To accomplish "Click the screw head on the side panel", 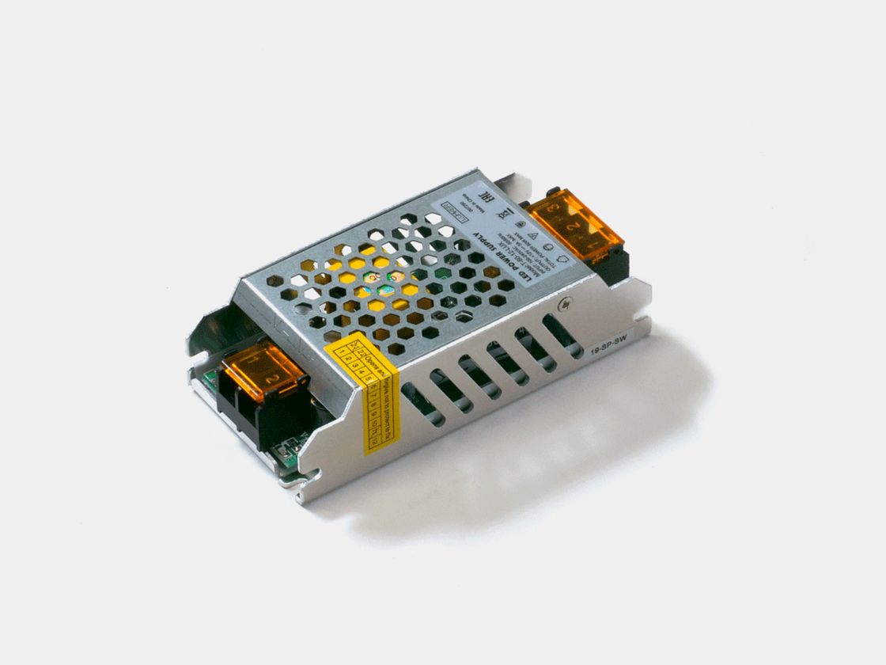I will [x=566, y=303].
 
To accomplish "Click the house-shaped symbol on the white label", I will [x=563, y=259].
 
